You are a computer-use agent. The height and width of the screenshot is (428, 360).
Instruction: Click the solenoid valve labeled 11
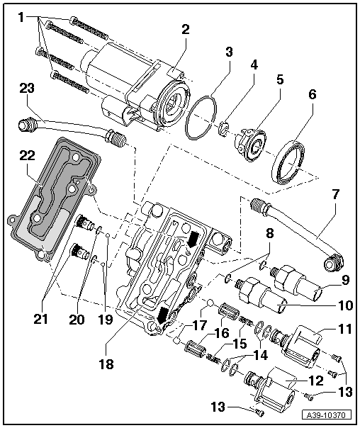308,342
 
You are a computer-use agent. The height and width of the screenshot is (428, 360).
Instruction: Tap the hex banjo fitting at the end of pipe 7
329,266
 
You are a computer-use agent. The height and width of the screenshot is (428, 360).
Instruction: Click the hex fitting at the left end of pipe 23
28,126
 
